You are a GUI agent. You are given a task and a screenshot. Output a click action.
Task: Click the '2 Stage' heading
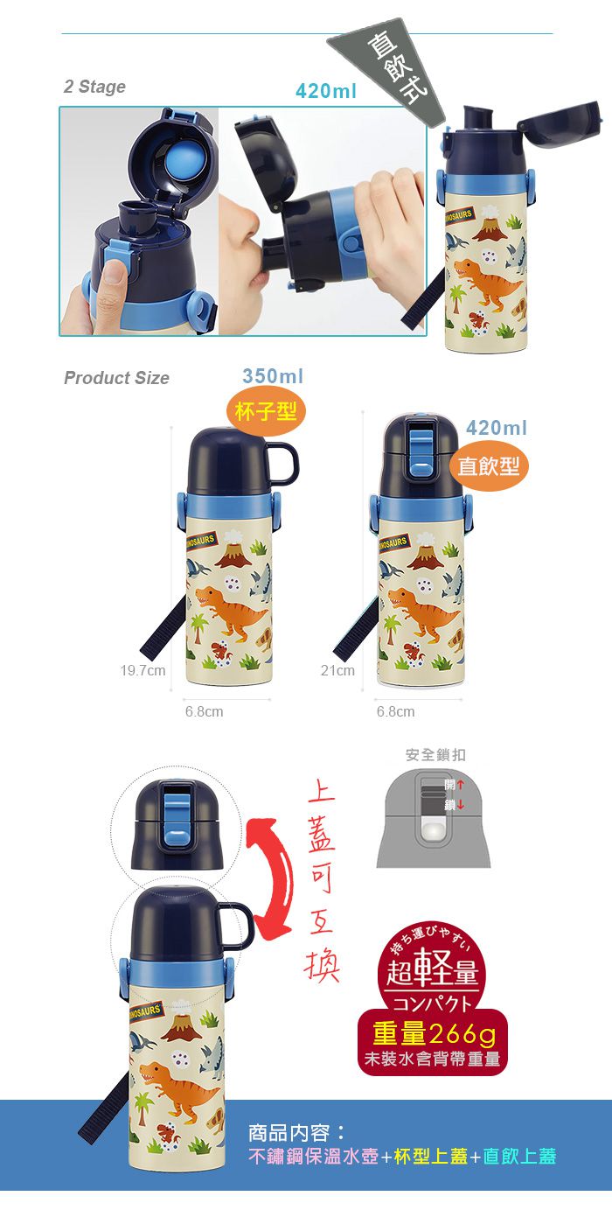pos(94,87)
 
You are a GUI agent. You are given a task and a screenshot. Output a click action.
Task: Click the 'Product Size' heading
pos(116,378)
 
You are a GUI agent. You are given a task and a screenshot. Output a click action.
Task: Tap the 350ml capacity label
pos(273,376)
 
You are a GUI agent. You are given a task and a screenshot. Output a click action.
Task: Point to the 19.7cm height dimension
pos(143,670)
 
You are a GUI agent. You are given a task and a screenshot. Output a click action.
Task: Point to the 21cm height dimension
pos(337,670)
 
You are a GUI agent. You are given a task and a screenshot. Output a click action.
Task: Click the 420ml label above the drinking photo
pos(325,91)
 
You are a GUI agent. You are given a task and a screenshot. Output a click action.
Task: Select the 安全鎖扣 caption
pos(435,754)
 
